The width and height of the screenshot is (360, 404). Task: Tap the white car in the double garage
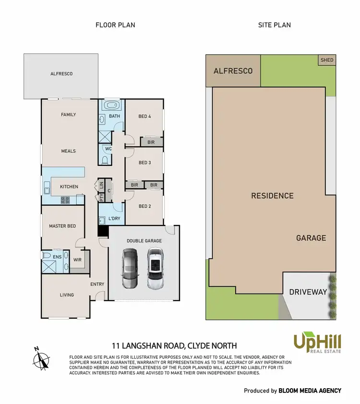pyautogui.click(x=155, y=269)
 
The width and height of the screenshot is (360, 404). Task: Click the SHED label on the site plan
pyautogui.click(x=326, y=60)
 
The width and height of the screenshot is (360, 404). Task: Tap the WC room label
pyautogui.click(x=108, y=148)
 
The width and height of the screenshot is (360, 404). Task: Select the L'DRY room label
pyautogui.click(x=114, y=219)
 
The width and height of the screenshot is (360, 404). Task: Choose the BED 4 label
pyautogui.click(x=144, y=116)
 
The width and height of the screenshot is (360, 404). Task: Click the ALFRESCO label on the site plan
pyautogui.click(x=233, y=71)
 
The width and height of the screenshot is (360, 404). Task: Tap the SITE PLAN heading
pyautogui.click(x=274, y=25)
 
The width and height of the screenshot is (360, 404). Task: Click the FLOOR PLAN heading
pyautogui.click(x=115, y=25)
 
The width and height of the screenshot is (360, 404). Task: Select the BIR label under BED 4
pyautogui.click(x=151, y=142)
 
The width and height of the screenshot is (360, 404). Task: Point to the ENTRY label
pyautogui.click(x=97, y=284)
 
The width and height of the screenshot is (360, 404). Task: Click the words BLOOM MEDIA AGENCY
pyautogui.click(x=310, y=391)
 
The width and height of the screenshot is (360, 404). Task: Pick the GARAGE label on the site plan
pyautogui.click(x=311, y=238)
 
